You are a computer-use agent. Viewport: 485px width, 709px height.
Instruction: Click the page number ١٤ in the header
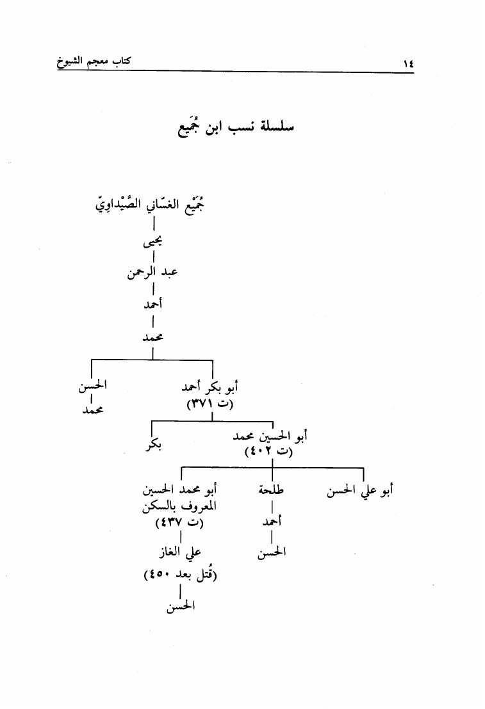coord(408,63)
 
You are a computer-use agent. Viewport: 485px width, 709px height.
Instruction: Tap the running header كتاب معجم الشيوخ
coord(94,61)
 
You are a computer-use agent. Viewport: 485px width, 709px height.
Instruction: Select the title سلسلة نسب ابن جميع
coord(236,127)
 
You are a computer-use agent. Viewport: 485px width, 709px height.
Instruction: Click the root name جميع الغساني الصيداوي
coord(150,205)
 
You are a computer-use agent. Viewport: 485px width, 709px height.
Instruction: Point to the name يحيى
coord(152,243)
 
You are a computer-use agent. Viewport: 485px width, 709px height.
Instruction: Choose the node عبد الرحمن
coord(152,273)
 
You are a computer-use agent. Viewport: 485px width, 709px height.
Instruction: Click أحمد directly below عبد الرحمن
coord(153,304)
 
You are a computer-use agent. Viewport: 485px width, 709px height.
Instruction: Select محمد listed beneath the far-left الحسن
coord(93,410)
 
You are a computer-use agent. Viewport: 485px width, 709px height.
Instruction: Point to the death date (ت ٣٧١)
coord(210,404)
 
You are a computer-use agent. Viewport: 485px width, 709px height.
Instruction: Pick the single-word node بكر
coord(154,445)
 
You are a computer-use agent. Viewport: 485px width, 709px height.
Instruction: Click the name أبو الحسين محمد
coord(270,436)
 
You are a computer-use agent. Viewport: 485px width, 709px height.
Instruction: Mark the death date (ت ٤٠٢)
coord(269,451)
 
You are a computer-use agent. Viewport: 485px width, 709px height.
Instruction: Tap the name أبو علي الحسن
coord(360,491)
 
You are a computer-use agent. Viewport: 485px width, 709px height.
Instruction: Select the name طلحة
coord(271,490)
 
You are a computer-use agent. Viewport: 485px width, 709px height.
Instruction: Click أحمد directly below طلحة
coord(272,522)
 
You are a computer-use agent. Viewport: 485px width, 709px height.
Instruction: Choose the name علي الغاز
coord(180,552)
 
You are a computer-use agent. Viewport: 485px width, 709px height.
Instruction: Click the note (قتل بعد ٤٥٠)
coord(180,575)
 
